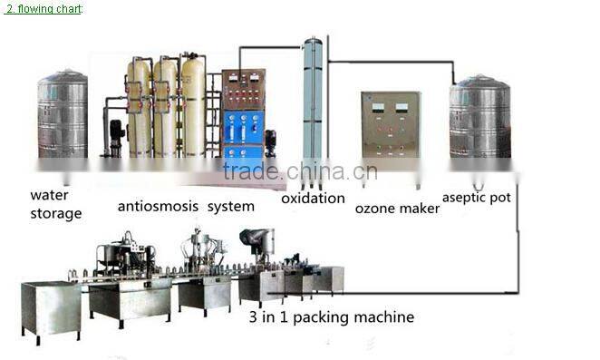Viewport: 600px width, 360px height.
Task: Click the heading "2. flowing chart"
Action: [43, 8]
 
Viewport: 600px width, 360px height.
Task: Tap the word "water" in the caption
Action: [49, 194]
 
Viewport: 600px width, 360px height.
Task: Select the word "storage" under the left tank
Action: [56, 214]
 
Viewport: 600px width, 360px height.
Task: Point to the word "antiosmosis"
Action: [158, 206]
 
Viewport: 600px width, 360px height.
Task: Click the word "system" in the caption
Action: [230, 206]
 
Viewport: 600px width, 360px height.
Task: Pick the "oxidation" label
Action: [313, 198]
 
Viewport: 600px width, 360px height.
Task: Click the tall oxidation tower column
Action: [313, 109]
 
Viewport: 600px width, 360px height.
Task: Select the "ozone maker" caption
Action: [397, 209]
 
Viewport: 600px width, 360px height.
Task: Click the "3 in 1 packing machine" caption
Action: [331, 317]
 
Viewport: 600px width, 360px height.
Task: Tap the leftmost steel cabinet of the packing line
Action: [50, 307]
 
